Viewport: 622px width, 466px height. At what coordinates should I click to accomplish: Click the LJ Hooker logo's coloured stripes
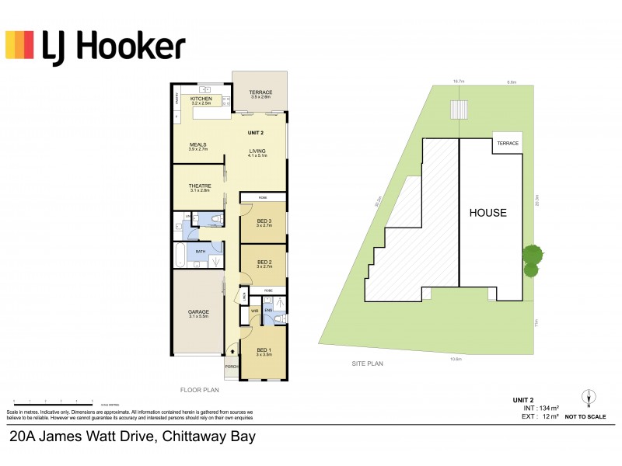tap(19, 45)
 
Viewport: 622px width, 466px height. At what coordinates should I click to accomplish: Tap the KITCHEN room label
tap(201, 99)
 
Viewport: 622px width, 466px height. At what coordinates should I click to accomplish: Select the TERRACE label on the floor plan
tap(260, 93)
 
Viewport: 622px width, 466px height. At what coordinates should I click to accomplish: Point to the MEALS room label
tap(197, 144)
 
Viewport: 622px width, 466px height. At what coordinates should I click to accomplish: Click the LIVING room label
tap(257, 152)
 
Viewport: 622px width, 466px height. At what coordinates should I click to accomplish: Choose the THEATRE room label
tap(201, 186)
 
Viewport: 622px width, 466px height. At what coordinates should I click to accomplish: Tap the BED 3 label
tap(264, 221)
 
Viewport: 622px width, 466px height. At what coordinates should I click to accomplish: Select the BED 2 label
tap(264, 262)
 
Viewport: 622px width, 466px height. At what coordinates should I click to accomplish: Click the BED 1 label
tap(264, 350)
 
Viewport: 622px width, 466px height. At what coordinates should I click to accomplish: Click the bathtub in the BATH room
tap(180, 255)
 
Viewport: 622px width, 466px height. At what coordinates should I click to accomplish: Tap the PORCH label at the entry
tap(232, 367)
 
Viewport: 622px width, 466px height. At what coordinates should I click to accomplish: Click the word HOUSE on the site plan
tap(487, 213)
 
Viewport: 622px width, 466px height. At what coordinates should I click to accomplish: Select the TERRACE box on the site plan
tap(508, 144)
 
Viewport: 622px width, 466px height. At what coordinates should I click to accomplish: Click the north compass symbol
tap(589, 397)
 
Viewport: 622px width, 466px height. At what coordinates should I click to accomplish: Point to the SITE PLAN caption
tap(367, 363)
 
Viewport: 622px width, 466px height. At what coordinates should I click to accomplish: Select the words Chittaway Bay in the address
tap(208, 436)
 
